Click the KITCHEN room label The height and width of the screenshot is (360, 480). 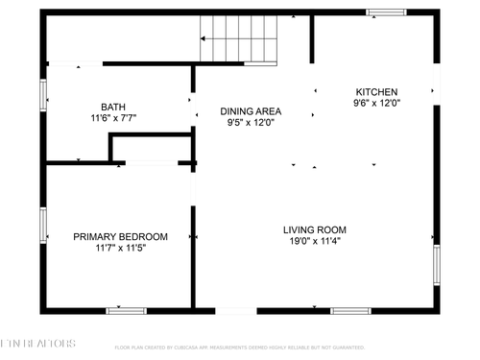click(x=376, y=92)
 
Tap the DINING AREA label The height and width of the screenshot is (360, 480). click(x=251, y=111)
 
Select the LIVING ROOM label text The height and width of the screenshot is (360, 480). click(x=314, y=229)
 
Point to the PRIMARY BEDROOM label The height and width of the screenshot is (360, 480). click(x=121, y=236)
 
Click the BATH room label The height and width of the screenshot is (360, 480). click(x=113, y=107)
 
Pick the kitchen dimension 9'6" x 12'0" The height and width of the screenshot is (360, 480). click(x=376, y=103)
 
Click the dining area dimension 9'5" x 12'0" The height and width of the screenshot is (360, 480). click(x=251, y=122)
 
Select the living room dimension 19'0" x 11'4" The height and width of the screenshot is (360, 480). click(x=314, y=241)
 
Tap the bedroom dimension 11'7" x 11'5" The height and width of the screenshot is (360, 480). click(x=121, y=247)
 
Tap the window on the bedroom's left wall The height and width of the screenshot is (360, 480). click(x=43, y=226)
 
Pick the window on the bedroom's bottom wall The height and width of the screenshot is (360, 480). click(x=126, y=311)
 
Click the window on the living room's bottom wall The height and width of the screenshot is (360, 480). click(x=351, y=311)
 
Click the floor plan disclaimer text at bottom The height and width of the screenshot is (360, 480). click(x=239, y=348)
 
